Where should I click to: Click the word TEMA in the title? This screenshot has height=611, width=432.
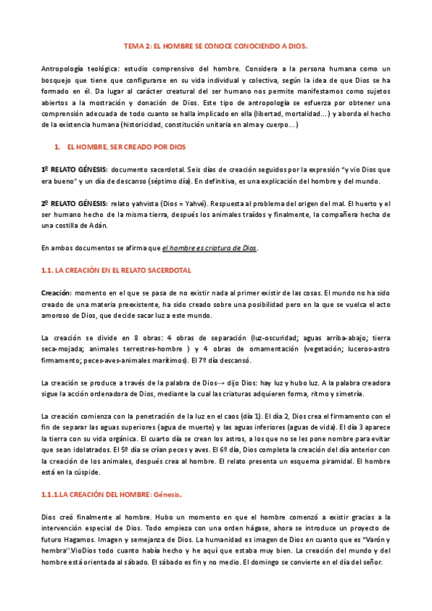click(133, 45)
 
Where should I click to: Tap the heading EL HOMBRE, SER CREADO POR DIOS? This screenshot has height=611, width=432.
click(126, 146)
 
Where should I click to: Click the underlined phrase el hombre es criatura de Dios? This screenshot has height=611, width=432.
click(209, 249)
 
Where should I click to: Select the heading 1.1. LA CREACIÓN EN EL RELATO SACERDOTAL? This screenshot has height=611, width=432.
click(115, 269)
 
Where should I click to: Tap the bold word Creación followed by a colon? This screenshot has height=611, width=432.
click(55, 293)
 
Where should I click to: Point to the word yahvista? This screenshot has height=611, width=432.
click(156, 204)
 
